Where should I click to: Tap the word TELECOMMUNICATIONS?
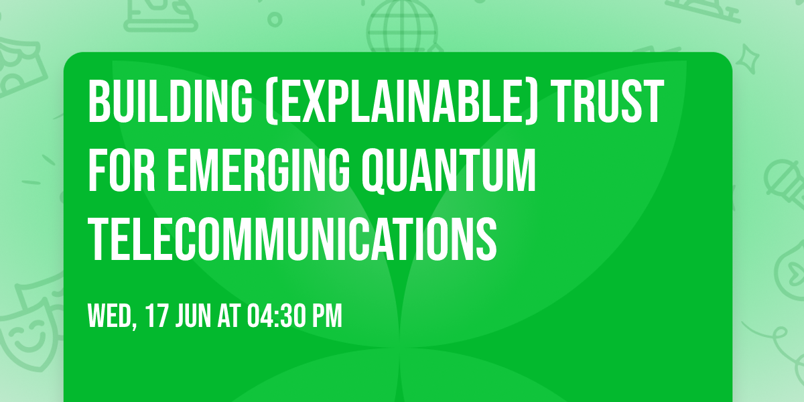pos(293,239)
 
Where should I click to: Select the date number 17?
pos(157,316)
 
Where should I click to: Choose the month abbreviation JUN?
pos(194,316)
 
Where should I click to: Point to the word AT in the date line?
pos(230,316)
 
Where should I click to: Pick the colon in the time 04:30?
pos(275,316)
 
